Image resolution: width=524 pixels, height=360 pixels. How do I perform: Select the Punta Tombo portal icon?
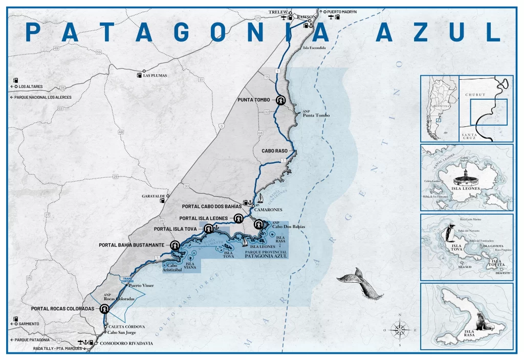coord(280,100)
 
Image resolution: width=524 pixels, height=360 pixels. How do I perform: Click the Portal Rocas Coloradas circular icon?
coord(105,309)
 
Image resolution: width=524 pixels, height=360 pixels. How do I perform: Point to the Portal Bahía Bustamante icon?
coord(175,245)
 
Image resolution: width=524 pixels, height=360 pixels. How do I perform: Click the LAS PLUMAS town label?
coord(155,75)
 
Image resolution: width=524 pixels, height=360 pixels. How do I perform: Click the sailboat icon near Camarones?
coord(260,198)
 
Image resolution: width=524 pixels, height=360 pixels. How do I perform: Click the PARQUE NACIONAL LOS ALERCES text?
coord(43,97)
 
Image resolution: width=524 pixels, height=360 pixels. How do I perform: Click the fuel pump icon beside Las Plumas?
coord(139,75)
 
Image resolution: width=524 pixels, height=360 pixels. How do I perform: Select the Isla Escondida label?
coord(314,48)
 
